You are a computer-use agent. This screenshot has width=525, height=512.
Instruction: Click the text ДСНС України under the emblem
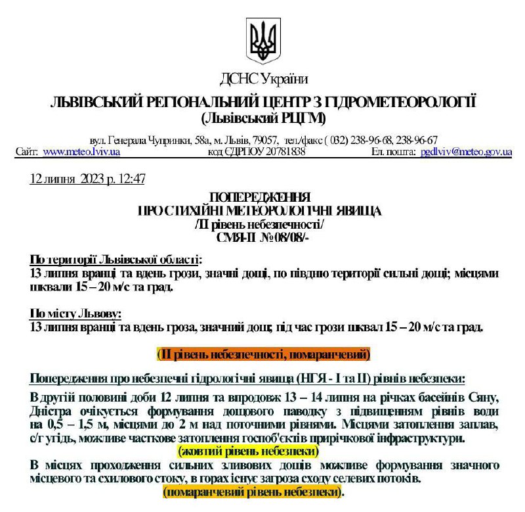(x=264, y=80)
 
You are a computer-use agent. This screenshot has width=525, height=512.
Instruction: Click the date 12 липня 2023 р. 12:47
(x=87, y=179)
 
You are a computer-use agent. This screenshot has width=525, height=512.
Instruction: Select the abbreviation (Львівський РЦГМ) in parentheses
(x=263, y=119)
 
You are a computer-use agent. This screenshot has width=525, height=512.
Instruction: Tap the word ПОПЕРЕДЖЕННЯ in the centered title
(x=263, y=197)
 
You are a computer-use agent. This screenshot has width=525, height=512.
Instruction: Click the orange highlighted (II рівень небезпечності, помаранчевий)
(x=263, y=354)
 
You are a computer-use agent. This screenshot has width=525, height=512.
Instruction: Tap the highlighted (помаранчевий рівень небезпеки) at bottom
(x=253, y=492)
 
